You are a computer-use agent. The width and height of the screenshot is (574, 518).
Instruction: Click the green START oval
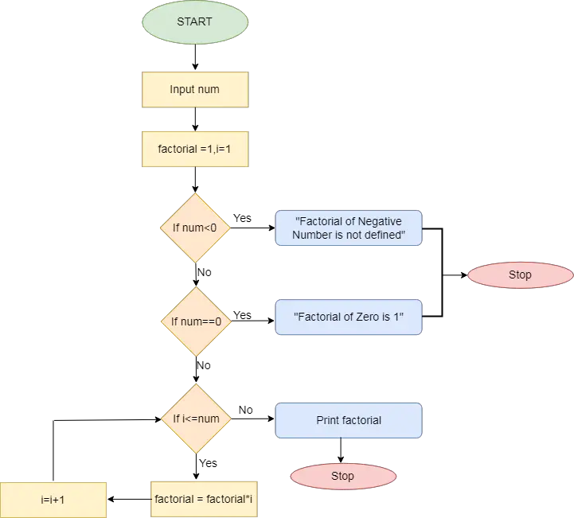pyautogui.click(x=194, y=22)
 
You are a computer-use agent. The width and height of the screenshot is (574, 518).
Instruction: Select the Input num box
pyautogui.click(x=194, y=89)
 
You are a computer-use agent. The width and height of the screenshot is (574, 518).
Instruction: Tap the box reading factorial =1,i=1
pyautogui.click(x=195, y=149)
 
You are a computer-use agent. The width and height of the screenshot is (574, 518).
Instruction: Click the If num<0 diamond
pyautogui.click(x=194, y=228)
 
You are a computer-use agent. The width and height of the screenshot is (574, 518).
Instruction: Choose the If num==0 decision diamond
pyautogui.click(x=195, y=322)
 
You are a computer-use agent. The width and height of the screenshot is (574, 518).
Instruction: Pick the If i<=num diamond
pyautogui.click(x=195, y=419)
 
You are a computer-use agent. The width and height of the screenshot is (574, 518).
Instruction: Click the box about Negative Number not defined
pyautogui.click(x=349, y=228)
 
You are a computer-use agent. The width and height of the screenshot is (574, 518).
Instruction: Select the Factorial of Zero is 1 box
pyautogui.click(x=349, y=317)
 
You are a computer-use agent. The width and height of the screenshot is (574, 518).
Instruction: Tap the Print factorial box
pyautogui.click(x=349, y=420)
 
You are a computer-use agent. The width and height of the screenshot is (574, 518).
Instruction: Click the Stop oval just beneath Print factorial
pyautogui.click(x=342, y=476)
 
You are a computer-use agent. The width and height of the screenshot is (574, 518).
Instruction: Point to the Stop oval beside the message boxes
pyautogui.click(x=519, y=275)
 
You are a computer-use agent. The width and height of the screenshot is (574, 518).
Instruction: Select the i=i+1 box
pyautogui.click(x=53, y=500)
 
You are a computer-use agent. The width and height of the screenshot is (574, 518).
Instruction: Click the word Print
pyautogui.click(x=329, y=420)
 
